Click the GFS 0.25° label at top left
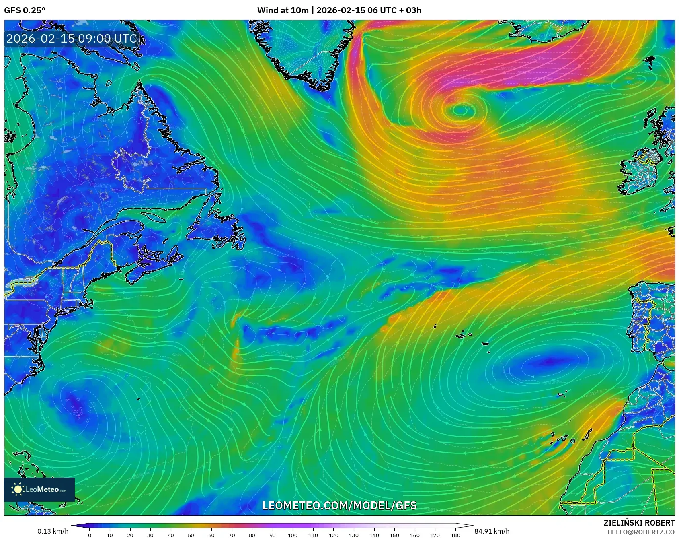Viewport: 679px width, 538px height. click(25, 10)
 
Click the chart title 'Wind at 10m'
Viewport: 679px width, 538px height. click(283, 10)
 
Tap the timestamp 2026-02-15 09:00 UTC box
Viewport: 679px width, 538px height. click(72, 39)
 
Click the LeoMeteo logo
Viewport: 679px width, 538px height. click(39, 489)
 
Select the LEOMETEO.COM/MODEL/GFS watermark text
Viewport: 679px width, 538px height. click(339, 505)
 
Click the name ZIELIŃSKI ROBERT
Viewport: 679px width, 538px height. click(639, 523)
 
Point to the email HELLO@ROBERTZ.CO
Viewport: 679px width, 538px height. click(641, 532)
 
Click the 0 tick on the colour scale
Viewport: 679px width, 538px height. click(90, 535)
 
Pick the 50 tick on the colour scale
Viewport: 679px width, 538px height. click(191, 535)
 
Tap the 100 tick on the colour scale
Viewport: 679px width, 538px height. click(293, 535)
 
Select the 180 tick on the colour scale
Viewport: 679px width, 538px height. click(455, 535)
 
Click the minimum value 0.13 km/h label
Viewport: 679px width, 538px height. click(53, 531)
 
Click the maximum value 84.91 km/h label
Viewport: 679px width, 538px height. click(492, 531)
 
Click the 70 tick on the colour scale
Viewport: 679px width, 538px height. click(232, 535)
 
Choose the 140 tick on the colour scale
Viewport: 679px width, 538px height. click(374, 535)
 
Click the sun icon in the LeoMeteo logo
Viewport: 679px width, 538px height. click(18, 489)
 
